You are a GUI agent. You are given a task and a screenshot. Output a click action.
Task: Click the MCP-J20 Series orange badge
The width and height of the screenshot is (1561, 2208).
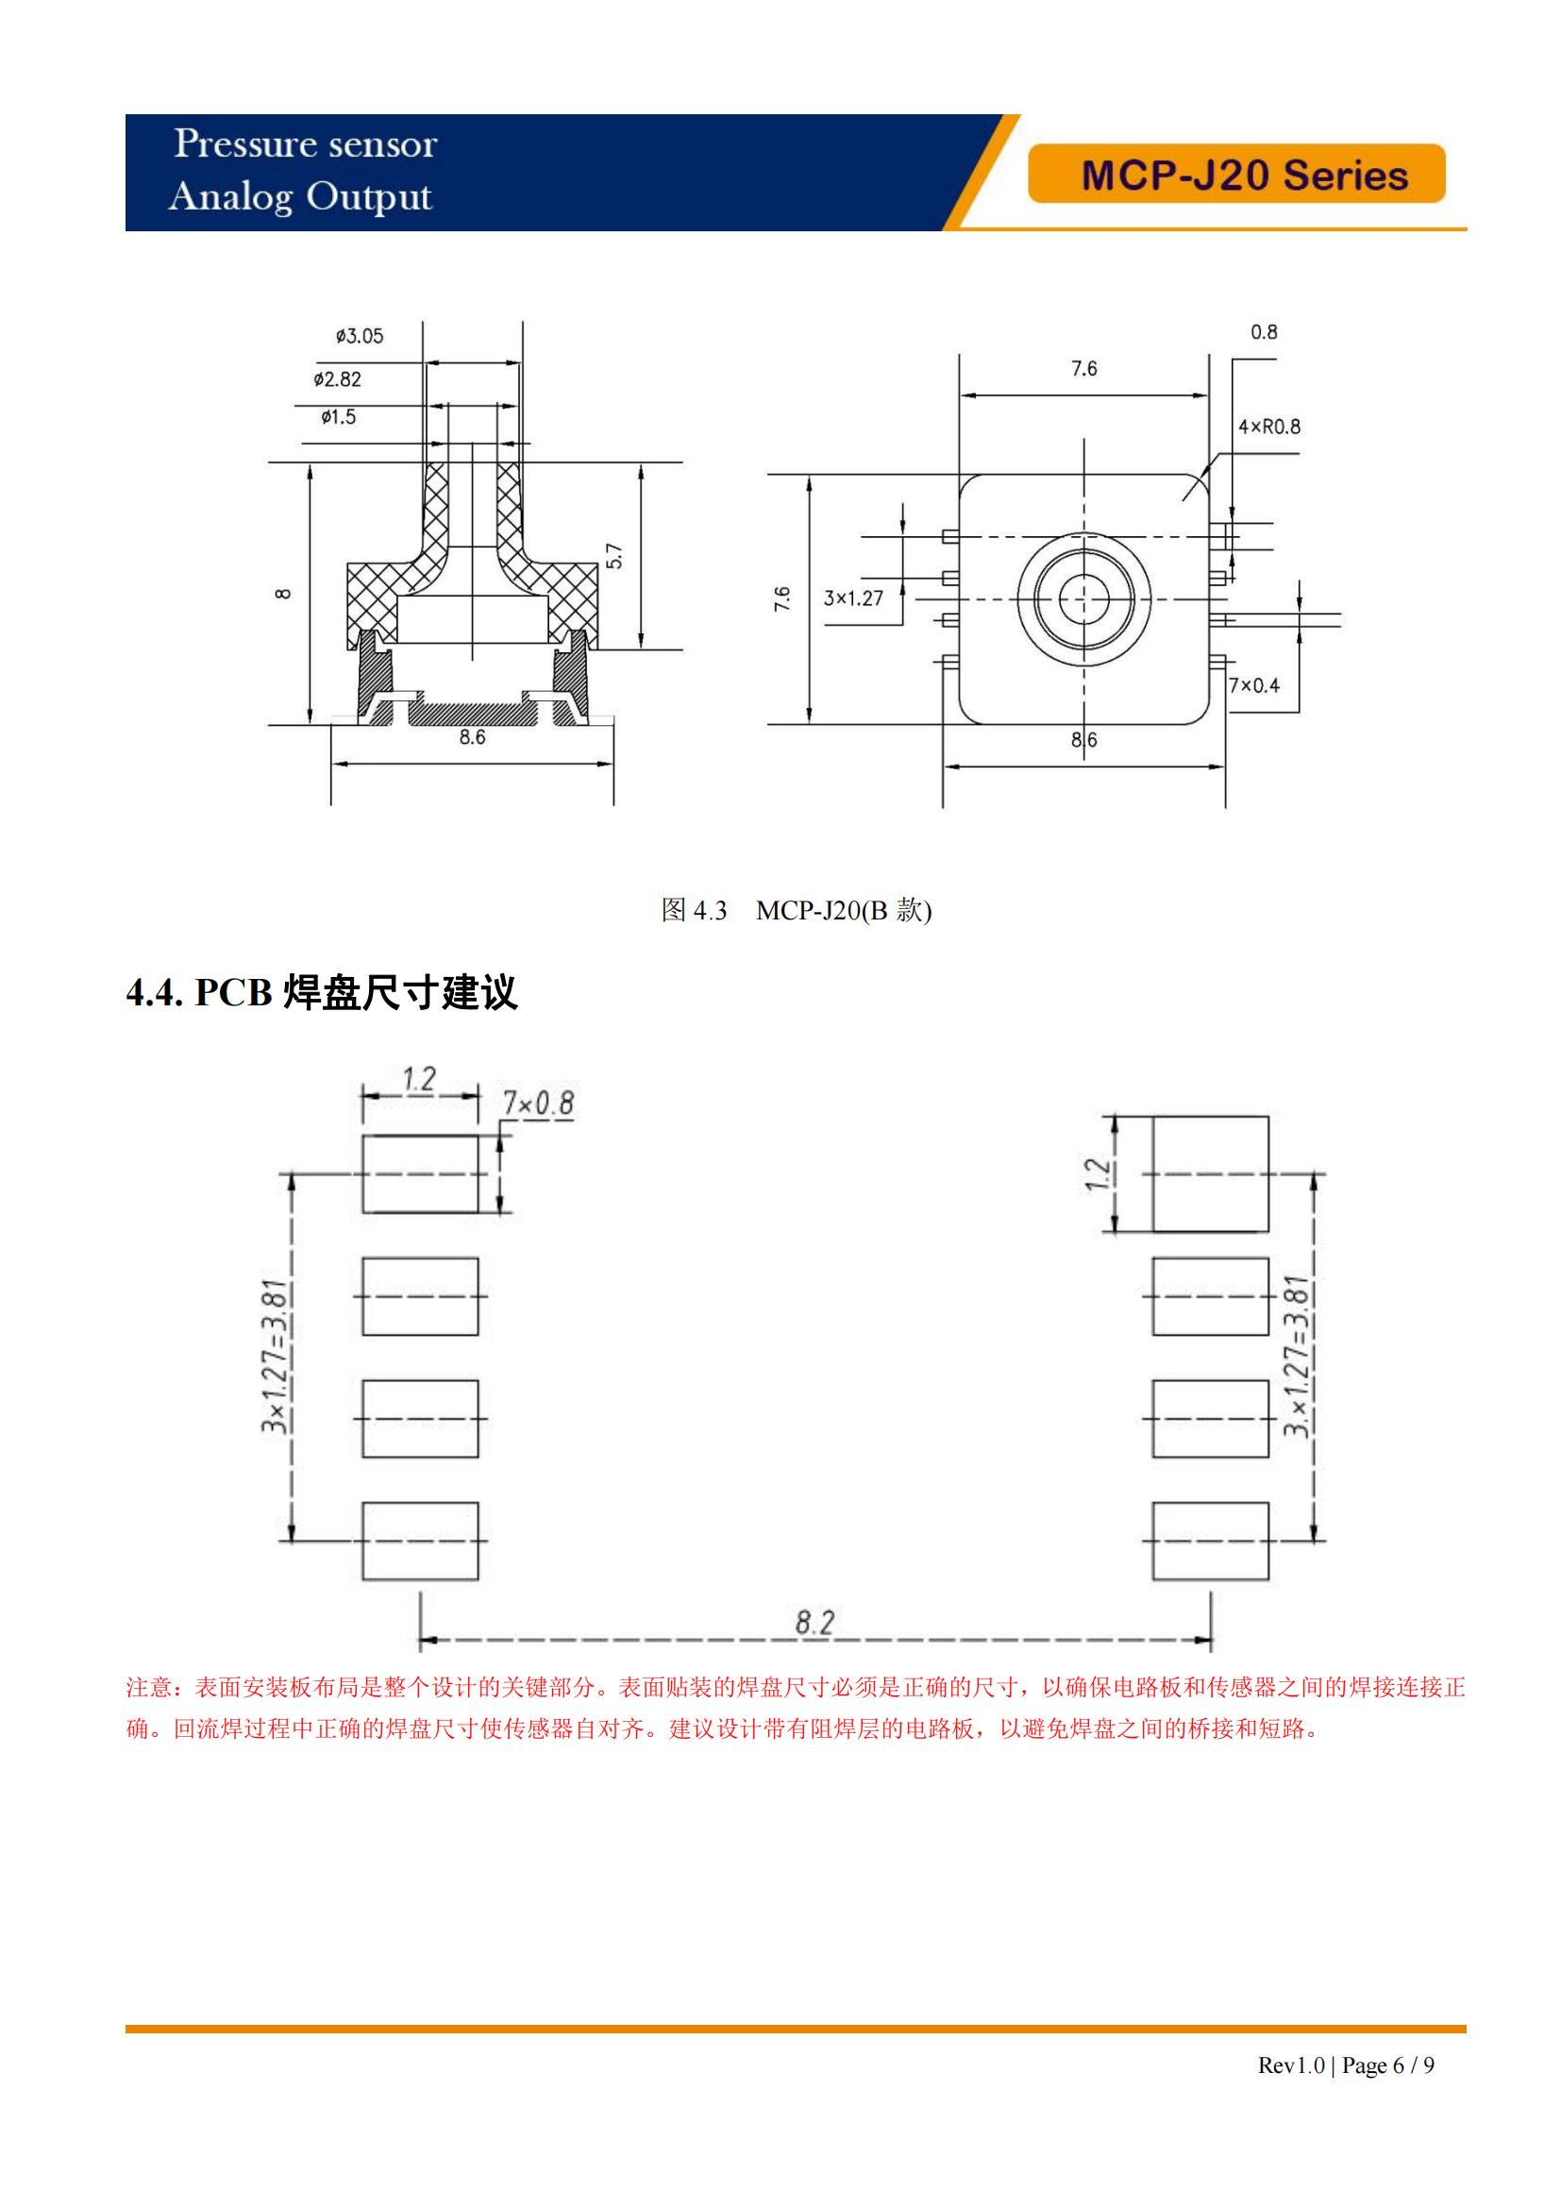coord(1236,174)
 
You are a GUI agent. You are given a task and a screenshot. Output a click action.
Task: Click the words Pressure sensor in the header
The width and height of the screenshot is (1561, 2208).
coord(305,144)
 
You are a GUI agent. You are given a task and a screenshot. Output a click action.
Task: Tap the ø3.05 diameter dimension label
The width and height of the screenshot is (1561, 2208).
coord(360,336)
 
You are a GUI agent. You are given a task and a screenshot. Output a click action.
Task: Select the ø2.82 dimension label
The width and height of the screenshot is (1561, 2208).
coord(337,379)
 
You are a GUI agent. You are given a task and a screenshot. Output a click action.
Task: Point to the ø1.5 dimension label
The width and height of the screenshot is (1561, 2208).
coord(339,416)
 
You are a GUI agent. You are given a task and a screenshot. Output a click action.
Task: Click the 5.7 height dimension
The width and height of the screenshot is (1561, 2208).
coord(615,556)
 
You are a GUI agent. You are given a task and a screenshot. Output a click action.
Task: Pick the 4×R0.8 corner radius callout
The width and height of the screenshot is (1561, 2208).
coord(1268,426)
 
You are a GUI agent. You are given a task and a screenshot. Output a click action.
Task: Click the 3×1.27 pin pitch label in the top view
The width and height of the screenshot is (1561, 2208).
coord(852,598)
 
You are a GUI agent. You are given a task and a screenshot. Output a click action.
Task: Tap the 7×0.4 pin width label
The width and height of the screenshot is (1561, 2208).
coord(1254,684)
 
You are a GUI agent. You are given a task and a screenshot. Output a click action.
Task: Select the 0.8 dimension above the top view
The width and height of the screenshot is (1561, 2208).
coord(1264,331)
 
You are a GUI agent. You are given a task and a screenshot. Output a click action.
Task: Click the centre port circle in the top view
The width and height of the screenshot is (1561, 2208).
coord(1084,598)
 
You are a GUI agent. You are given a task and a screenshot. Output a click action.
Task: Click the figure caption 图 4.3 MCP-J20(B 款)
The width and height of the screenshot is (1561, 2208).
coord(796,910)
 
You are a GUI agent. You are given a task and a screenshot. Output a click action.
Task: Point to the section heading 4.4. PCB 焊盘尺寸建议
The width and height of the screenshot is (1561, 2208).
coord(322,992)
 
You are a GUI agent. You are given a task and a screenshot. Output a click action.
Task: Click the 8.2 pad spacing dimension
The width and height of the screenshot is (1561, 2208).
coord(814,1624)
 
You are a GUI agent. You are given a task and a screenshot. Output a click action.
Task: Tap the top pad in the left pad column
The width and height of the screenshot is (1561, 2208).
coord(420,1173)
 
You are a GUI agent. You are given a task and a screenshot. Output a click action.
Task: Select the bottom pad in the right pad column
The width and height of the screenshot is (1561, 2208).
coord(1210,1541)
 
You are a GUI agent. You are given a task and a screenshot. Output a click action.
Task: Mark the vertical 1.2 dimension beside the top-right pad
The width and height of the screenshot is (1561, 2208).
coord(1097,1174)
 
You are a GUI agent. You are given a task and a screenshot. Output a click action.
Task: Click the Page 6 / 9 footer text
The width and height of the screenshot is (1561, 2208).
coord(1388,2065)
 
